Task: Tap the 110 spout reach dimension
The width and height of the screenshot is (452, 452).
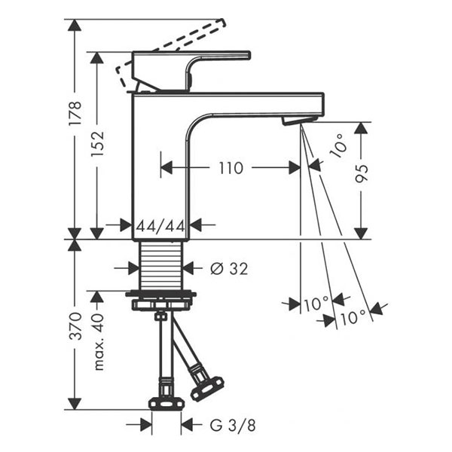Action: pyautogui.click(x=231, y=167)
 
